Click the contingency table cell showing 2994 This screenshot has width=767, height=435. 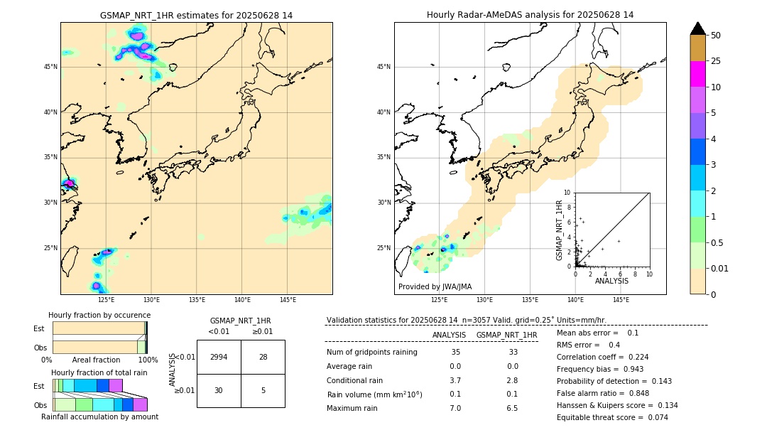tap(219, 357)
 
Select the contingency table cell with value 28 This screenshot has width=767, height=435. tap(263, 357)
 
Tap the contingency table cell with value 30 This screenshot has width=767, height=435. tap(219, 390)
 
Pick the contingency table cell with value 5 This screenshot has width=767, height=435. tap(263, 390)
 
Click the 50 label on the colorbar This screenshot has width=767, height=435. tap(716, 35)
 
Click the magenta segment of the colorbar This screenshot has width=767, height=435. tap(698, 74)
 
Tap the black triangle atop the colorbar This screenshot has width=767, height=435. tap(698, 28)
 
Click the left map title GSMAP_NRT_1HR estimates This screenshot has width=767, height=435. tap(196, 15)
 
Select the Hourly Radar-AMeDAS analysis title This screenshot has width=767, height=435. tap(530, 15)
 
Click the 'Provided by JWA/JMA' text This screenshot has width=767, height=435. tap(435, 286)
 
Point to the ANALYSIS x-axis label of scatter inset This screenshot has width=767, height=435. tap(611, 281)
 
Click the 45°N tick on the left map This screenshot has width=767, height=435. tap(50, 67)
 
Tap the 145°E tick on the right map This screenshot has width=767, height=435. tap(621, 300)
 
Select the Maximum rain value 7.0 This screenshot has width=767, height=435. tap(455, 408)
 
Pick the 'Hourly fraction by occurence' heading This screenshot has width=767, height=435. tap(99, 315)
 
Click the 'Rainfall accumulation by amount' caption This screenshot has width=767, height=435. tap(99, 417)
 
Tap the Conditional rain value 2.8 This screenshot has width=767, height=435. tap(512, 380)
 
